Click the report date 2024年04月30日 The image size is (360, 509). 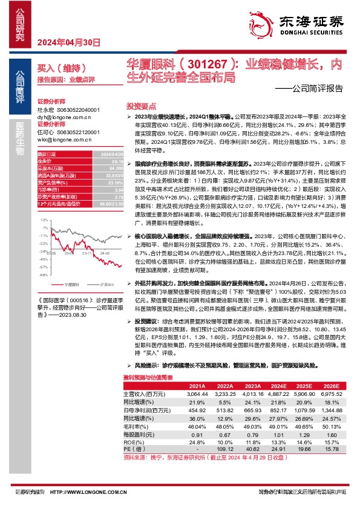tap(68, 42)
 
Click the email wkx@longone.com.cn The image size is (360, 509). tap(65, 139)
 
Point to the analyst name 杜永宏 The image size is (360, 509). tap(46, 110)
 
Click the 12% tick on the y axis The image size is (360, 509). tap(43, 219)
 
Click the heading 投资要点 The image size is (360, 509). tap(140, 105)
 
